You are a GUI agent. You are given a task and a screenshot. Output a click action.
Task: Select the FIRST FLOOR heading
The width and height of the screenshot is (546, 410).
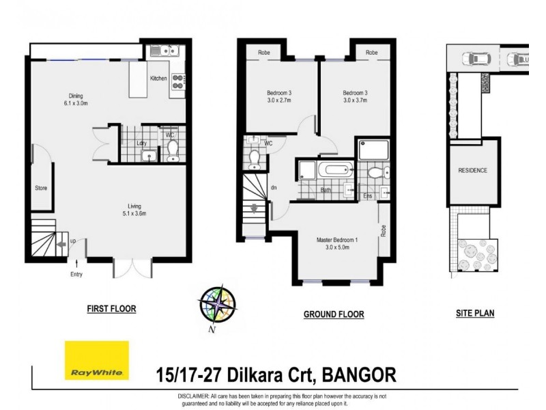tap(111, 309)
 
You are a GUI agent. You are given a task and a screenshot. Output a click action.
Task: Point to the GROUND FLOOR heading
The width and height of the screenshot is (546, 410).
tap(333, 314)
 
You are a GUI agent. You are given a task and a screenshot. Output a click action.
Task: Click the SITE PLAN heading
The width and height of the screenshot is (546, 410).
tap(474, 314)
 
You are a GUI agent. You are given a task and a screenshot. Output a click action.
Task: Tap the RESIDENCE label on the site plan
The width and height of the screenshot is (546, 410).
tap(472, 171)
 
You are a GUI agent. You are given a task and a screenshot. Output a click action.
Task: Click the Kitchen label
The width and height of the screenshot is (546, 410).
tap(158, 79)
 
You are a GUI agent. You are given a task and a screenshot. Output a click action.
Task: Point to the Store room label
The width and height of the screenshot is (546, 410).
tap(41, 188)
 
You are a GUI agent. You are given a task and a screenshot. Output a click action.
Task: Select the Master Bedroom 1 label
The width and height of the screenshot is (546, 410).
tap(337, 240)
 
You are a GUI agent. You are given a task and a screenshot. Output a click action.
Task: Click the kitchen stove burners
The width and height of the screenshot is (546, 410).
tap(178, 81)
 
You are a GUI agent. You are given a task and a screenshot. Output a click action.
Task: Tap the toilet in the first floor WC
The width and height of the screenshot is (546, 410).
tap(172, 148)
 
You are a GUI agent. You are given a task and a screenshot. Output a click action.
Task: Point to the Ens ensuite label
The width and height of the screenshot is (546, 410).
tap(367, 195)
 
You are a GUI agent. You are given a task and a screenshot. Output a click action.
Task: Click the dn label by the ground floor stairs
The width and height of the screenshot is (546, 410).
tap(274, 187)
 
